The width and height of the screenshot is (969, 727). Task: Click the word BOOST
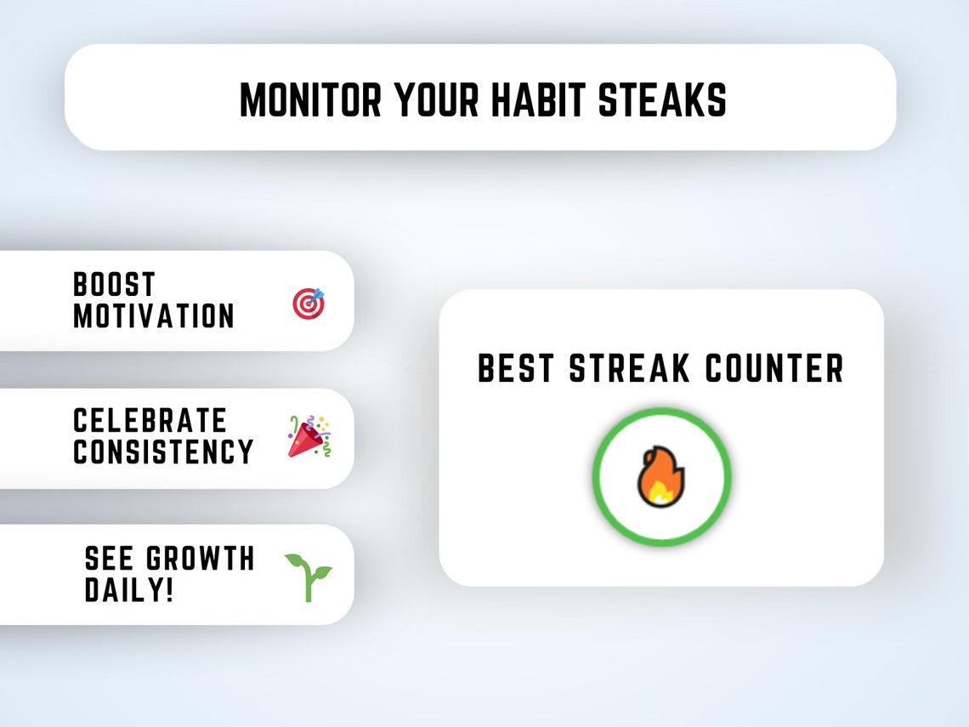click(114, 284)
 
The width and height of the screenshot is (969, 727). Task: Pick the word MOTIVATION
click(153, 316)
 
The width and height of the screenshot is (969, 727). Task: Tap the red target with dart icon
click(309, 304)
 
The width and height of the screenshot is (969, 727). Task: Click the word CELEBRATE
click(150, 420)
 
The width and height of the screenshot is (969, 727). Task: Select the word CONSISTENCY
click(163, 452)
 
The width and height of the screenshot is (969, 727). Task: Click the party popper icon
click(309, 437)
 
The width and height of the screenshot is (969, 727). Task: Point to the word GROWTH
click(201, 559)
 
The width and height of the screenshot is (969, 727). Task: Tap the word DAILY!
click(128, 590)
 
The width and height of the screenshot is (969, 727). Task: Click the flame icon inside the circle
click(661, 477)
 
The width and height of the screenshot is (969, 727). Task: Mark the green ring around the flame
click(598, 477)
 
